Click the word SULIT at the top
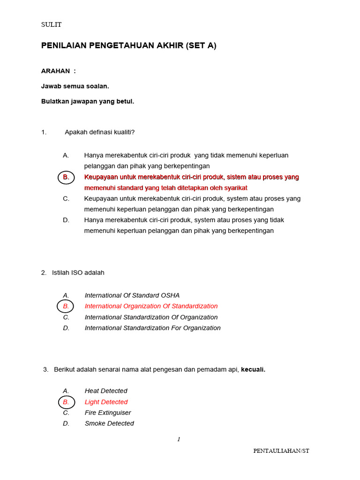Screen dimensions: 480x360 click(51, 24)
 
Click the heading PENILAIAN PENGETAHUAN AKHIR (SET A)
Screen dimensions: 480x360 click(129, 45)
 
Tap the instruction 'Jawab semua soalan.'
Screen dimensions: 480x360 click(75, 86)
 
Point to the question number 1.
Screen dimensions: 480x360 click(44, 132)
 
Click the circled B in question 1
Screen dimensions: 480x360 click(66, 177)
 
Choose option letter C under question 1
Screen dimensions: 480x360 click(66, 199)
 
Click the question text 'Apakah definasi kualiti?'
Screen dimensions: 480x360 click(99, 132)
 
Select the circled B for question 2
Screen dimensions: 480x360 click(66, 306)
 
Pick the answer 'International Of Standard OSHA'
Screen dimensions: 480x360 click(132, 295)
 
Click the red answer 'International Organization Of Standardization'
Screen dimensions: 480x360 click(151, 306)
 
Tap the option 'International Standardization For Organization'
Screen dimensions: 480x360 click(152, 328)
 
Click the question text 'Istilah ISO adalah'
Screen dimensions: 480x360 click(78, 273)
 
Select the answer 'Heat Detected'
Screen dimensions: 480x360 click(106, 391)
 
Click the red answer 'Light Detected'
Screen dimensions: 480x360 click(106, 402)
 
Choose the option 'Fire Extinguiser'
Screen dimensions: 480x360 click(108, 413)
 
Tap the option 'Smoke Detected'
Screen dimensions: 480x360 click(109, 424)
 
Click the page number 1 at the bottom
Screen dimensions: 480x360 click(179, 439)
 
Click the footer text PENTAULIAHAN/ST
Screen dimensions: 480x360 click(281, 451)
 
